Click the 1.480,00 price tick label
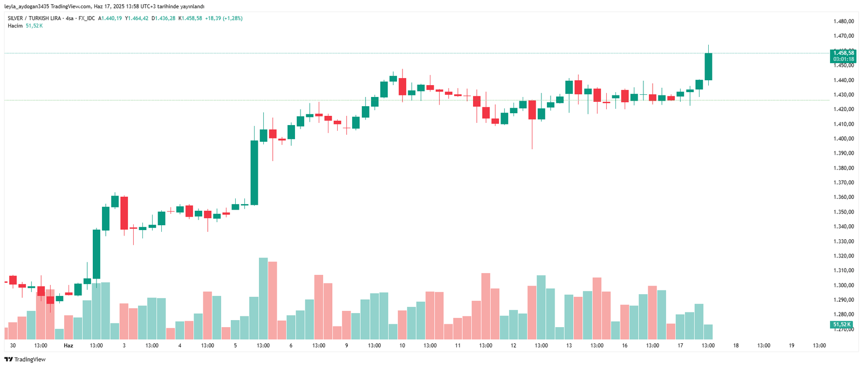tap(844, 22)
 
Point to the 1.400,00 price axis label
tap(844, 139)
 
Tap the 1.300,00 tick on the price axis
tap(844, 285)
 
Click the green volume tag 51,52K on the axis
tap(841, 324)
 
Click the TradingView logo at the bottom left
tap(25, 359)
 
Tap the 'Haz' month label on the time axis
tap(69, 345)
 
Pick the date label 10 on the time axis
tap(402, 345)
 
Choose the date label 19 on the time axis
tap(791, 345)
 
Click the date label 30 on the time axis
tap(13, 345)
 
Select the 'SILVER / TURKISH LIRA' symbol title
tap(34, 18)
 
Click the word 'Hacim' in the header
tap(15, 26)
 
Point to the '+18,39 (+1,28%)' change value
tap(224, 18)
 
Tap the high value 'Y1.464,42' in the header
tap(136, 18)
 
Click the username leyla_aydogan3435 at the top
tap(26, 6)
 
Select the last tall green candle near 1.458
tap(708, 66)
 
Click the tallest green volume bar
tap(263, 298)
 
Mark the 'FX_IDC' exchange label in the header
tap(86, 18)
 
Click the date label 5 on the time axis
tap(235, 345)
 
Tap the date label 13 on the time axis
tap(569, 345)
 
